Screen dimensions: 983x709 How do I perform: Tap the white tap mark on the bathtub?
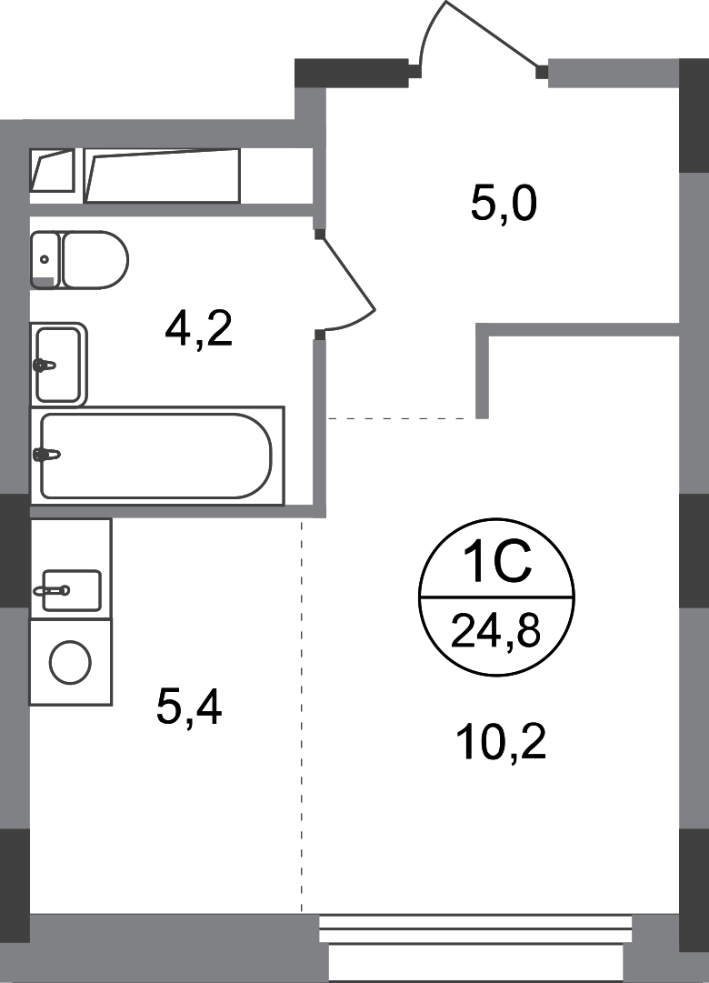coord(53,453)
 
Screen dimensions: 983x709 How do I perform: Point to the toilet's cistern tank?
coord(42,258)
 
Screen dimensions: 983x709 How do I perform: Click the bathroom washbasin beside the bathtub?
coord(60,360)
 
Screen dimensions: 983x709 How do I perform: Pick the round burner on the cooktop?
coord(69,664)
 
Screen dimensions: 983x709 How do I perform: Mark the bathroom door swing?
coord(350,282)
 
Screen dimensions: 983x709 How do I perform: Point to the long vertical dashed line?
coord(301,718)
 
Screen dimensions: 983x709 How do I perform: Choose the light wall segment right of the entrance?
coord(612,75)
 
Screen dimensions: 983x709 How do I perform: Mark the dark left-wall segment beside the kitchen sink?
coord(13,551)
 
